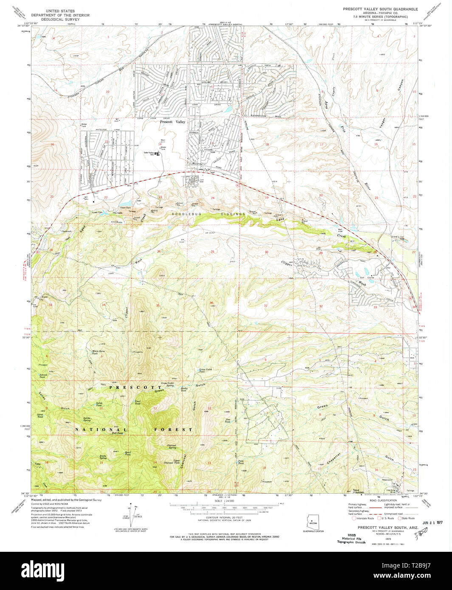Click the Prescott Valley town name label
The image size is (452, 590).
172,122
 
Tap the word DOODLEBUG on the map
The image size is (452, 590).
185,214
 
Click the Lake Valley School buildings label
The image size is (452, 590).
149,153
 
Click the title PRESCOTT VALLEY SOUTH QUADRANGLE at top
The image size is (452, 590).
380,9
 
